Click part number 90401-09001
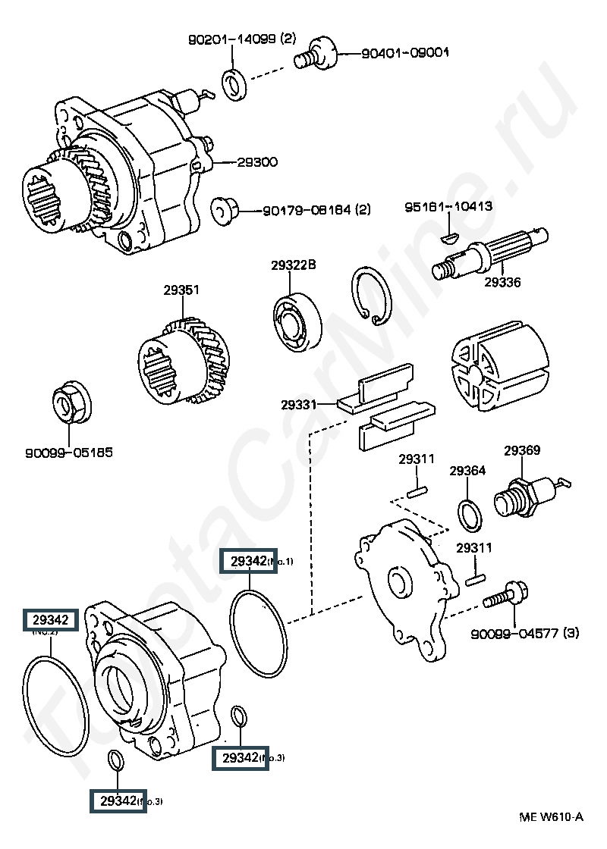tap(405, 53)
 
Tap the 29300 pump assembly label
tap(257, 162)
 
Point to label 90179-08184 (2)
tap(316, 210)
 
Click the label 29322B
tap(293, 265)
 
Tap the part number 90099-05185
tap(69, 453)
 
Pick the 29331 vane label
tap(298, 405)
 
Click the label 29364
tap(467, 471)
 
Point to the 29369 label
tap(522, 451)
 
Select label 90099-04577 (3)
tap(524, 634)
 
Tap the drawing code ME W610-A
tap(551, 816)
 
